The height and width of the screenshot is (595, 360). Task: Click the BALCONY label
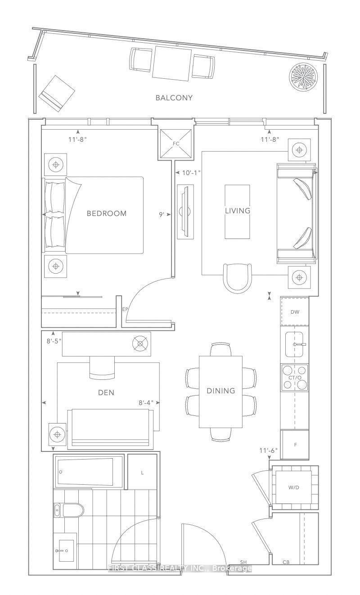pos(174,98)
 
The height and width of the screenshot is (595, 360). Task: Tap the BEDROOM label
pos(107,213)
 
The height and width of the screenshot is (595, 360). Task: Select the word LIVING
pos(238,211)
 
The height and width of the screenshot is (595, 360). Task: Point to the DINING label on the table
pos(220,391)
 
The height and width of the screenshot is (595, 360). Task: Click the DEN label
pos(106,392)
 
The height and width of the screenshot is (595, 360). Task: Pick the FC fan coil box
pos(176,144)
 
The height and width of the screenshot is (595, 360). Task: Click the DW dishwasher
pos(295,312)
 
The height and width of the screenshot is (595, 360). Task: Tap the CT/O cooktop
pos(295,378)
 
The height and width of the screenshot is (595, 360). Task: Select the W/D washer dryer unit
pos(294,487)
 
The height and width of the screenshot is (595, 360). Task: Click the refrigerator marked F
pos(295,444)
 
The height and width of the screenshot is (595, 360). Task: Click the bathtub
pos(88,471)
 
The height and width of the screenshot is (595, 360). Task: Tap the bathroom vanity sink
pos(66,550)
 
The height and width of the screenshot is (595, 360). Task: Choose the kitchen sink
pos(294,344)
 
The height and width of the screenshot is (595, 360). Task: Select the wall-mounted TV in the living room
pos(185,212)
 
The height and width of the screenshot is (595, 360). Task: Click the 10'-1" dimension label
pos(191,173)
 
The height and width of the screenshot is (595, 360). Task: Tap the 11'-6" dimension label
pos(269,450)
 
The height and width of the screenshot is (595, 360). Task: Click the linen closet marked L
pos(142,472)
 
